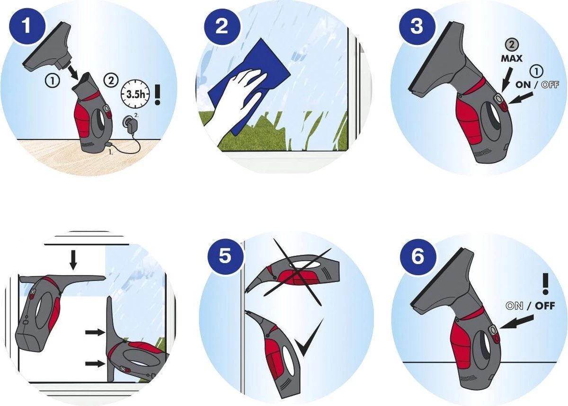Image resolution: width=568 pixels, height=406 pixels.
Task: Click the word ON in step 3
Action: click(523, 85)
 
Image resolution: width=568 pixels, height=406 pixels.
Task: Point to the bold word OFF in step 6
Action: click(545, 306)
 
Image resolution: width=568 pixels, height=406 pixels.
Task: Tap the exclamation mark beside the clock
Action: click(158, 94)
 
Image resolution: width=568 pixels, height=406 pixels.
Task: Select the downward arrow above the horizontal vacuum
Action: click(73, 260)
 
